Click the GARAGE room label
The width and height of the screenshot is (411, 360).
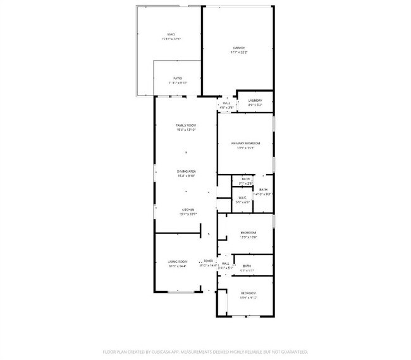(238, 47)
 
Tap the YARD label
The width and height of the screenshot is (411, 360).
(170, 34)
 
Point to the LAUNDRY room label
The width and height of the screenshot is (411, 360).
(255, 101)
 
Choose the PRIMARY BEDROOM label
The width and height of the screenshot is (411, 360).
(245, 144)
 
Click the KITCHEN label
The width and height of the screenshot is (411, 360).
(188, 210)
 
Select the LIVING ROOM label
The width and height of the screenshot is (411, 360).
(178, 261)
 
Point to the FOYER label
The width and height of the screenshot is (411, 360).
(207, 261)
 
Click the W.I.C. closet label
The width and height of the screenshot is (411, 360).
(242, 199)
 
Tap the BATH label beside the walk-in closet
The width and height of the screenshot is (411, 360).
(264, 190)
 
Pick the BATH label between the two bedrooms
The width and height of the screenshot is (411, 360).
(247, 266)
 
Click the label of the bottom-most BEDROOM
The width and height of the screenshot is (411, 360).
(248, 293)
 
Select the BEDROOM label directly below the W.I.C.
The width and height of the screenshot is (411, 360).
(248, 233)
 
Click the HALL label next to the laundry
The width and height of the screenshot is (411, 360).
(226, 103)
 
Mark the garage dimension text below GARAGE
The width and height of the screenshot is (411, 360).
(238, 53)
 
